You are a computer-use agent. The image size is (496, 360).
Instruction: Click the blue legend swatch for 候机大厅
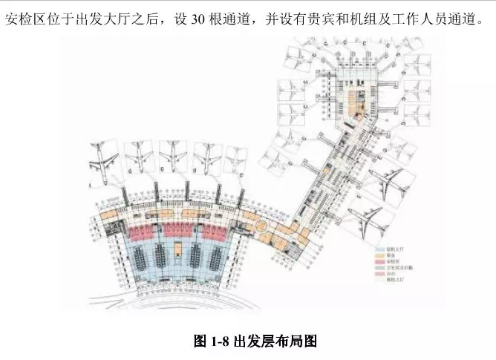(379, 251)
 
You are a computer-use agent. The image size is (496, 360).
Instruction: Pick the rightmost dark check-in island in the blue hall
(212, 258)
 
